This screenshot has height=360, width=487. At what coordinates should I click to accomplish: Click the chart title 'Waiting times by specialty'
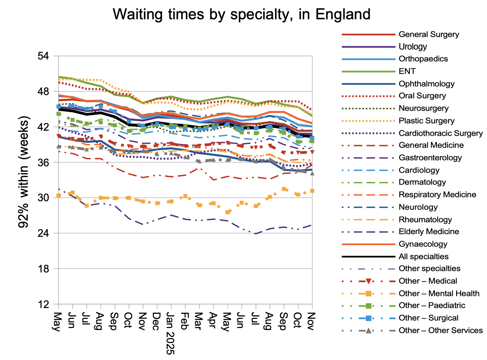242,15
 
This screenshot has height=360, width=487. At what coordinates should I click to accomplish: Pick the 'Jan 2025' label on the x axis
170,333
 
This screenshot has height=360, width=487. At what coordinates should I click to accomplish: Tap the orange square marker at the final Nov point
312,191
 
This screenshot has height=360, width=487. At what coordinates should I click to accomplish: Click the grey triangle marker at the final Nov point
312,173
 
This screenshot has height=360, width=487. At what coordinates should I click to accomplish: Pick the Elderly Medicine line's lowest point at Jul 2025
256,233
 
